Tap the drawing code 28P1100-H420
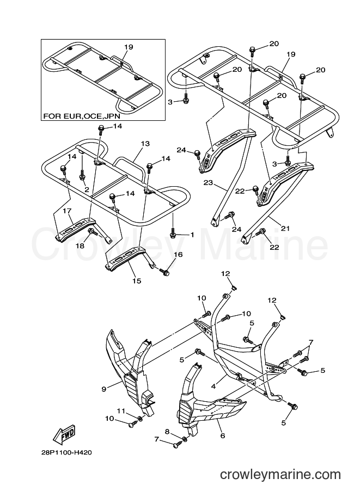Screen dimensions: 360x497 [x=66, y=452]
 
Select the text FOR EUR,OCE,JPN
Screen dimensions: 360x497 [x=82, y=116]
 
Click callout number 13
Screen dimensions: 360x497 [x=145, y=144]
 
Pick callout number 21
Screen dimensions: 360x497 [x=285, y=228]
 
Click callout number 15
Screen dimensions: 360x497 [x=137, y=281]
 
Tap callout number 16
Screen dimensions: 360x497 [x=178, y=255]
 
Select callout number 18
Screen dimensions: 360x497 [x=80, y=246]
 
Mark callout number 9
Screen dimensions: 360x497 [x=104, y=389]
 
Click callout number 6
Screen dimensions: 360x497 [x=223, y=436]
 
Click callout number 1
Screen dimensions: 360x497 [x=192, y=235]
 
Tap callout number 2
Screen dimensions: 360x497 [x=87, y=189]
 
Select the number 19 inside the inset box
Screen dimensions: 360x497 [x=129, y=47]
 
